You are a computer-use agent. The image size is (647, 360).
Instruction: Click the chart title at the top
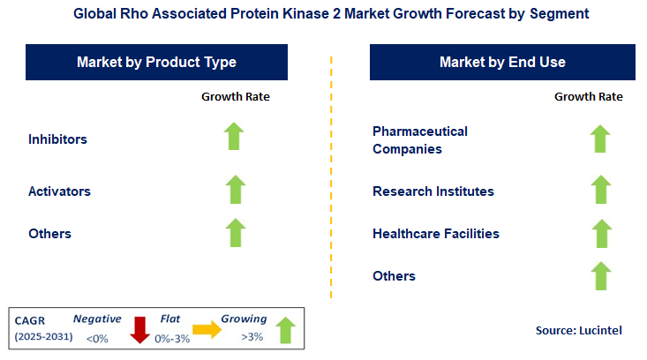click(x=323, y=15)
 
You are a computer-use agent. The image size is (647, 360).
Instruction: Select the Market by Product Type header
click(x=156, y=63)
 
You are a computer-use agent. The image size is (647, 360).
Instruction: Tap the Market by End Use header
click(x=502, y=63)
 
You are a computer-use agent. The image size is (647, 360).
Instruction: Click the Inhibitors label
click(x=57, y=139)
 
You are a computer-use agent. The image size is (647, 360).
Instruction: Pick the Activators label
click(x=59, y=191)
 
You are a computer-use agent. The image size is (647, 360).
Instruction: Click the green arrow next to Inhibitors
click(x=235, y=138)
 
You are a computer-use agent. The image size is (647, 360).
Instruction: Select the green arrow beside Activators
click(x=235, y=190)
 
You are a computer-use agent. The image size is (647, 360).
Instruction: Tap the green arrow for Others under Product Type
click(x=235, y=233)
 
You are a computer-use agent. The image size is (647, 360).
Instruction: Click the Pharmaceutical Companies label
click(x=420, y=139)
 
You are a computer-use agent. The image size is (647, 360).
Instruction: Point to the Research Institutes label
click(x=433, y=191)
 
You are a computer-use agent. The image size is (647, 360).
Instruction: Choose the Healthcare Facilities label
click(x=436, y=233)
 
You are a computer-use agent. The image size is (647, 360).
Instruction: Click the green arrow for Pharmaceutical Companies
click(x=600, y=139)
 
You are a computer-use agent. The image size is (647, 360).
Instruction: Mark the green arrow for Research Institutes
click(x=600, y=190)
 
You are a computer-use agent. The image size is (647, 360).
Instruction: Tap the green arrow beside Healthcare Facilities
click(x=600, y=233)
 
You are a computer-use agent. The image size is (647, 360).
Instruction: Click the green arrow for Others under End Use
click(x=600, y=275)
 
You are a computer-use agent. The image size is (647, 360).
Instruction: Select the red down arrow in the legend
click(x=139, y=329)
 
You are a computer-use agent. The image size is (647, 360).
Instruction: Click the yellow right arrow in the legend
click(x=207, y=329)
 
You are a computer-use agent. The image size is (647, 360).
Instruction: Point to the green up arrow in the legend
click(x=284, y=329)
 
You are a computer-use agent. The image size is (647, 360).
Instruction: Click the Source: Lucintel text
click(x=578, y=330)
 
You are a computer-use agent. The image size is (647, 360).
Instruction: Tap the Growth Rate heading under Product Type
click(x=236, y=96)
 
